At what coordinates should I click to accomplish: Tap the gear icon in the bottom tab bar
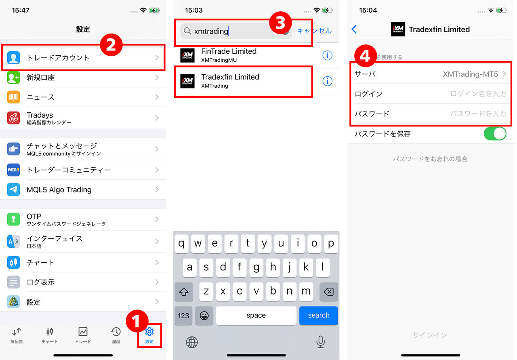coord(149,332)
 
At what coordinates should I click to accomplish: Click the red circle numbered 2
coord(111,45)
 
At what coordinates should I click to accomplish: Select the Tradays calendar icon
coord(13,118)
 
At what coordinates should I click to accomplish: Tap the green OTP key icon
coord(13,219)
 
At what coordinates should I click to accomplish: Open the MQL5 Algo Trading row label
coord(59,189)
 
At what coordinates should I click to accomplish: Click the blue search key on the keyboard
coord(319,316)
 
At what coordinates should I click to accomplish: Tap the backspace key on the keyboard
coord(329,292)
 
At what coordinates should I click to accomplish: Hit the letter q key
coord(181,244)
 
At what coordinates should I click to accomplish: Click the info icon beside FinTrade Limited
coord(327,55)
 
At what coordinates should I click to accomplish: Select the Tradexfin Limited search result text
coord(230,77)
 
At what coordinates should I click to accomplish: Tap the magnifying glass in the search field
coord(187,31)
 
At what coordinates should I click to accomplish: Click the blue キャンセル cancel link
coord(314,31)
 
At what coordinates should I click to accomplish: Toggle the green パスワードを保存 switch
coord(495,134)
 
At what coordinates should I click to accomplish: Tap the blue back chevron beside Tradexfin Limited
coord(354,29)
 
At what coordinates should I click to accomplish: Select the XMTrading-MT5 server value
coord(471,74)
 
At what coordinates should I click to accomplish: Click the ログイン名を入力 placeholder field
coord(478,94)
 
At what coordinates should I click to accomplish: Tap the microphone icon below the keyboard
coord(321,342)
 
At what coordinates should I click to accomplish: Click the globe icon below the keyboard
coord(192,342)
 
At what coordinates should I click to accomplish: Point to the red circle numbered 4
coord(366,56)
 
